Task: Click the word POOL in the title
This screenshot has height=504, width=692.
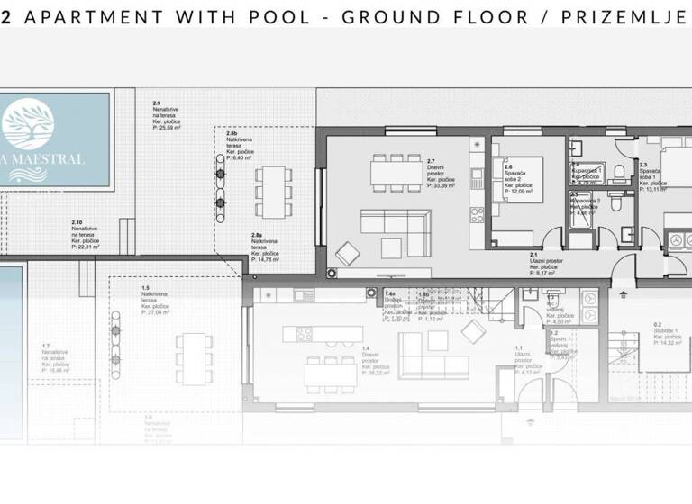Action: [274, 16]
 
